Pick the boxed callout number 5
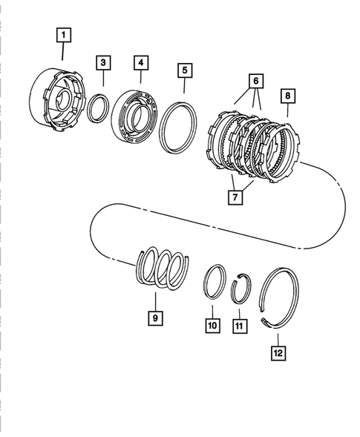click(183, 70)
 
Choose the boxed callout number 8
click(287, 96)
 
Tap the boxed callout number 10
click(212, 324)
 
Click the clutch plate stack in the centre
click(252, 142)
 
